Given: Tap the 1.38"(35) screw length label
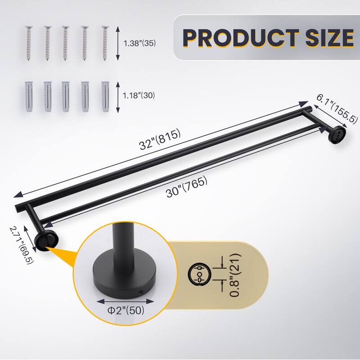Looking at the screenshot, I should tap(139, 44).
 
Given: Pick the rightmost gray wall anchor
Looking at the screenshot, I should tap(106, 97).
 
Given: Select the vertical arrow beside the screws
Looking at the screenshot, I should tap(118, 43).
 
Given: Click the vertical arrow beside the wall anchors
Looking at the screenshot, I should tap(118, 96).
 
